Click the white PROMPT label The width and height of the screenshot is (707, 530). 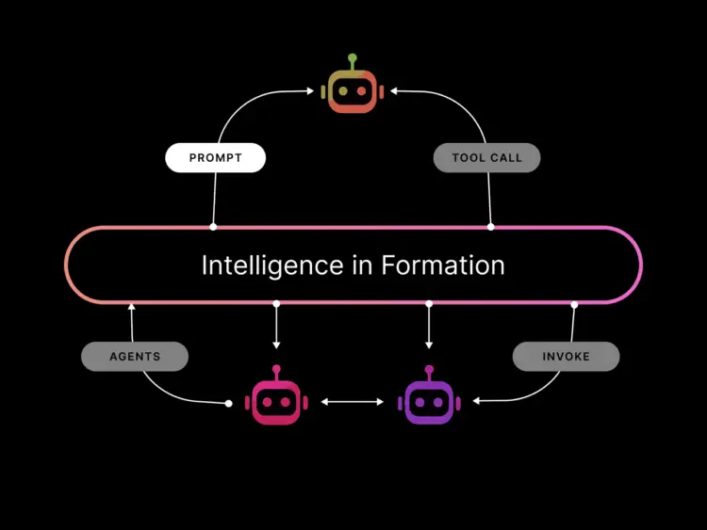click(x=216, y=158)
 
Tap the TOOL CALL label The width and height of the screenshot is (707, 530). click(x=486, y=158)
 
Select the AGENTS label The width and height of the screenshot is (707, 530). click(x=135, y=357)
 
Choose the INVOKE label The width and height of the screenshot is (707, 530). click(x=566, y=357)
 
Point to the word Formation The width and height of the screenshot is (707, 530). click(x=443, y=265)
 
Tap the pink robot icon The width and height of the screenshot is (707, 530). click(x=276, y=402)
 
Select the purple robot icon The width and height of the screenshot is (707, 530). click(x=429, y=402)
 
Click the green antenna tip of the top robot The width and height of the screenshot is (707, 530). click(x=353, y=58)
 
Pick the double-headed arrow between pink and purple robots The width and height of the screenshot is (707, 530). click(x=353, y=402)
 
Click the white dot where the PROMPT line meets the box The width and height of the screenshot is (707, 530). click(x=213, y=227)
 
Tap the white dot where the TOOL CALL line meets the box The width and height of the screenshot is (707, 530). click(x=490, y=227)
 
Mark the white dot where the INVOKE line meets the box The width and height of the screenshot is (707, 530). click(x=574, y=304)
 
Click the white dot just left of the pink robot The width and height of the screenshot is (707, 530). click(x=229, y=404)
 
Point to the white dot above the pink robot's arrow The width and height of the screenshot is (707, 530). click(x=276, y=304)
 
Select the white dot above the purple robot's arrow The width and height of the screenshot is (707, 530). click(x=429, y=304)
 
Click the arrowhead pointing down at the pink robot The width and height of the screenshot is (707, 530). click(x=276, y=345)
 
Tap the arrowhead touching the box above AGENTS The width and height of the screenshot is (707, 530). click(x=131, y=307)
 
